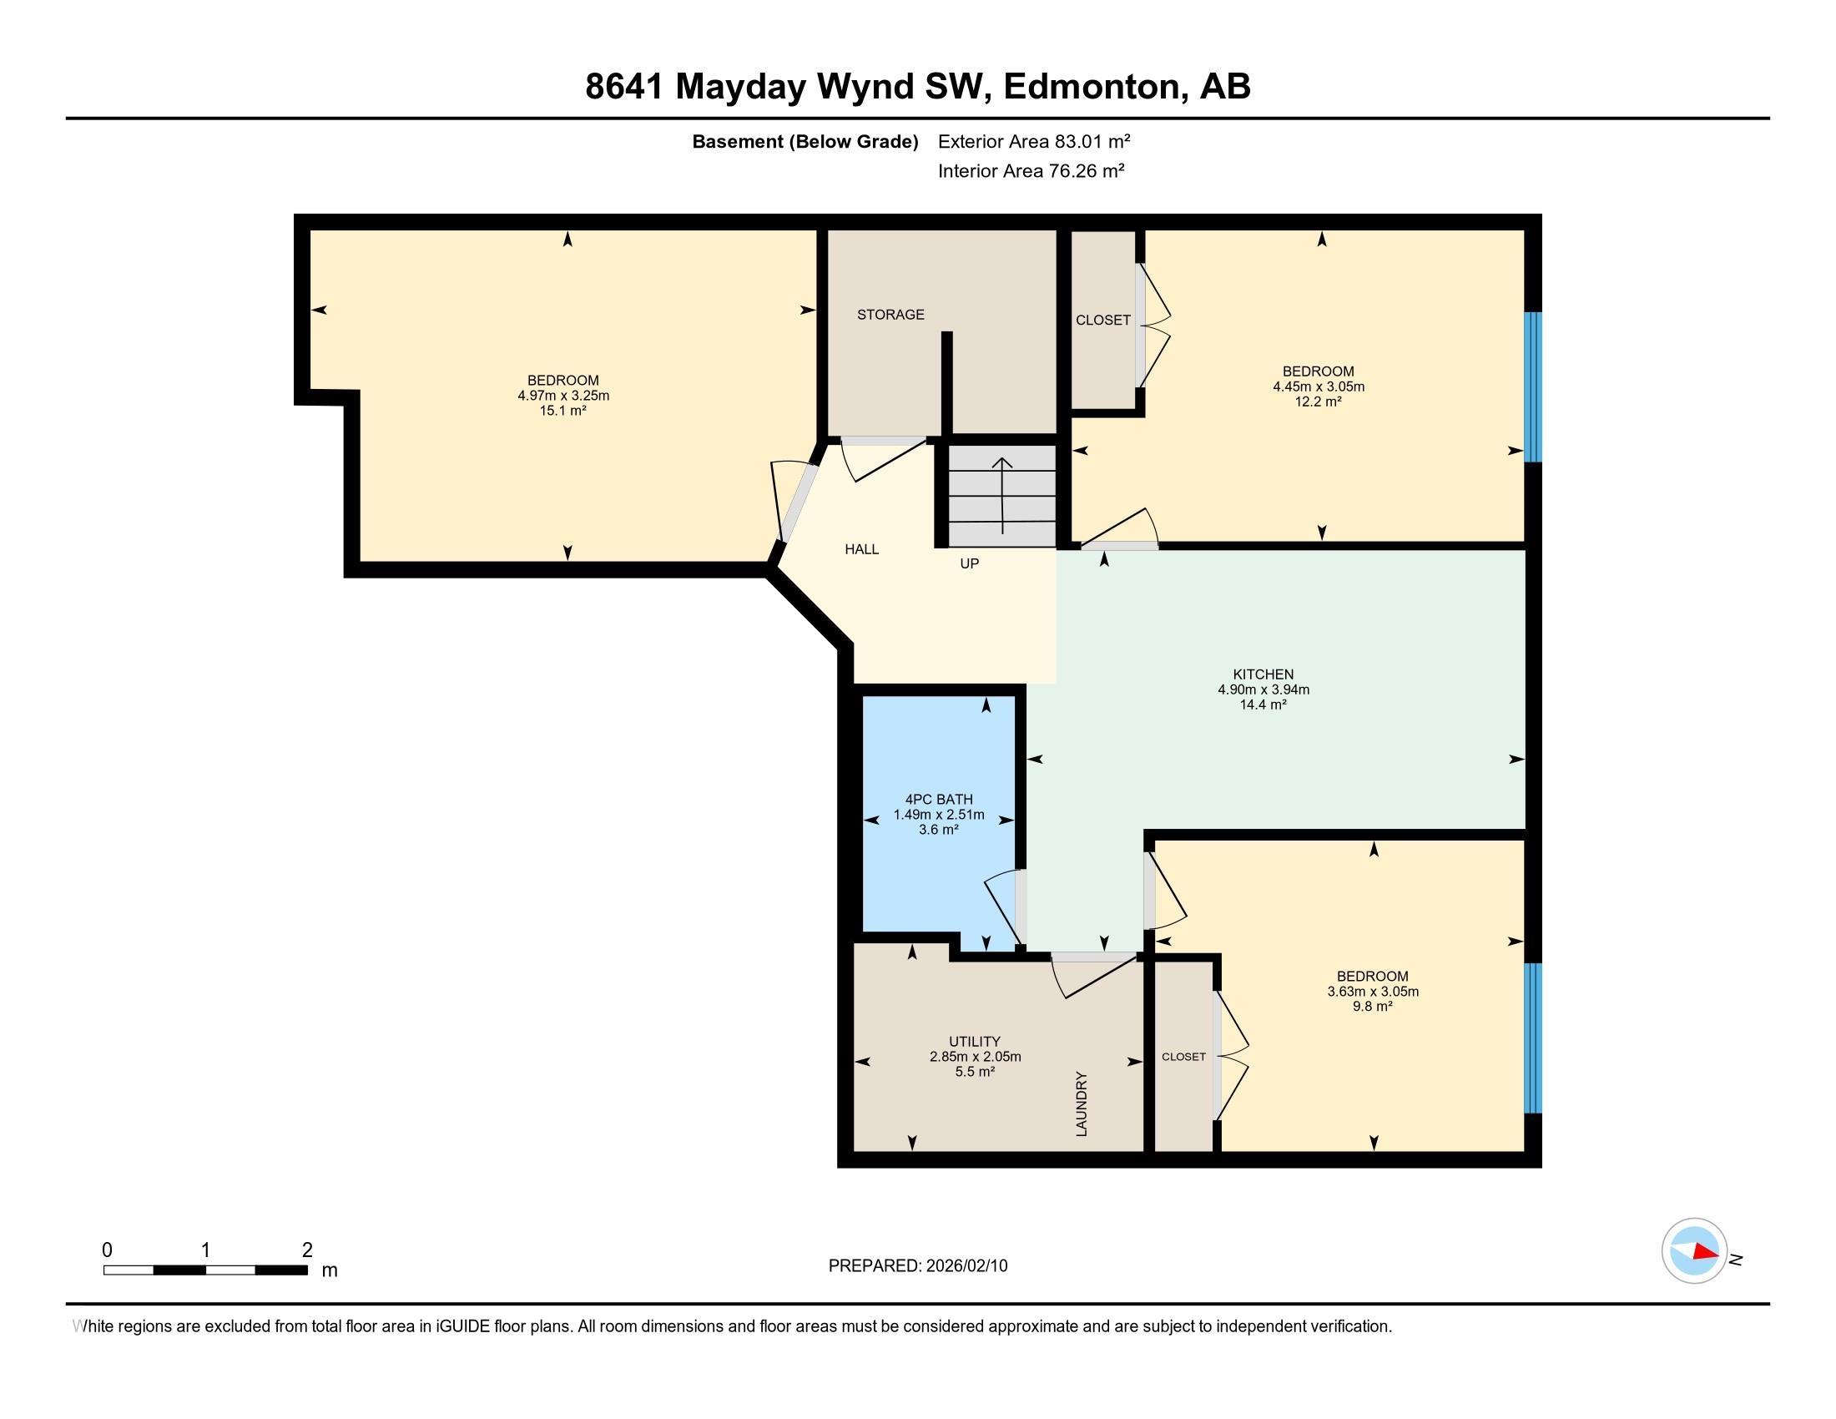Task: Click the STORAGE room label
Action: point(890,315)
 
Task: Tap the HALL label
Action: point(862,549)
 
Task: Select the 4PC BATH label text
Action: point(939,800)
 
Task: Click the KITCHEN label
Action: point(1263,674)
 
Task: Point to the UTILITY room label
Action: point(974,1042)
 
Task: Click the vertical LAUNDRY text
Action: point(1082,1103)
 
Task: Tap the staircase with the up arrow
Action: point(1001,495)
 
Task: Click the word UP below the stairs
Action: point(969,563)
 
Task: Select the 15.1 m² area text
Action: point(562,410)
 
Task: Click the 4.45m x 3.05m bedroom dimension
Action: point(1318,386)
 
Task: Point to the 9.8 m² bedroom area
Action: point(1372,1007)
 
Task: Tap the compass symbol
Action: point(1694,1251)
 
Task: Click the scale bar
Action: point(205,1270)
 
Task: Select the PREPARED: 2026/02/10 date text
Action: point(918,1266)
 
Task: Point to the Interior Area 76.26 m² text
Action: point(1031,170)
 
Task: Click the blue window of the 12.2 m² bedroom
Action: point(1533,387)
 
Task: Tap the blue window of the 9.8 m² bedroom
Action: point(1533,1038)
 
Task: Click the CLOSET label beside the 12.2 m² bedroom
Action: point(1103,321)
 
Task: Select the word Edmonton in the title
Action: point(1092,87)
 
